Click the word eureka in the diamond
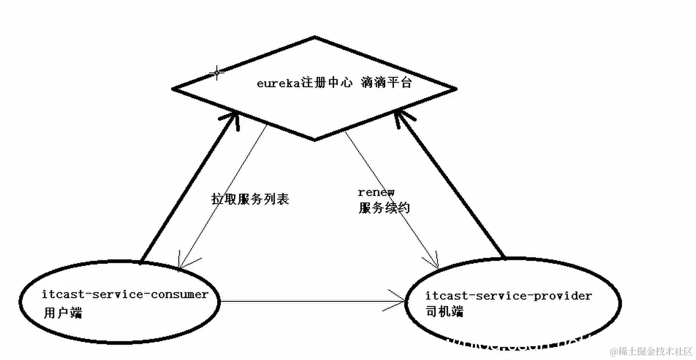click(275, 83)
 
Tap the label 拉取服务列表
click(250, 199)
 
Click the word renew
click(376, 193)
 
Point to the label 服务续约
click(384, 208)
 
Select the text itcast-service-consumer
click(125, 295)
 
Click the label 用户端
click(63, 314)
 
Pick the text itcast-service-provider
click(508, 296)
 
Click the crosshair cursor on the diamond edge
click(216, 72)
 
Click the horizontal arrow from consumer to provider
click(312, 300)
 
